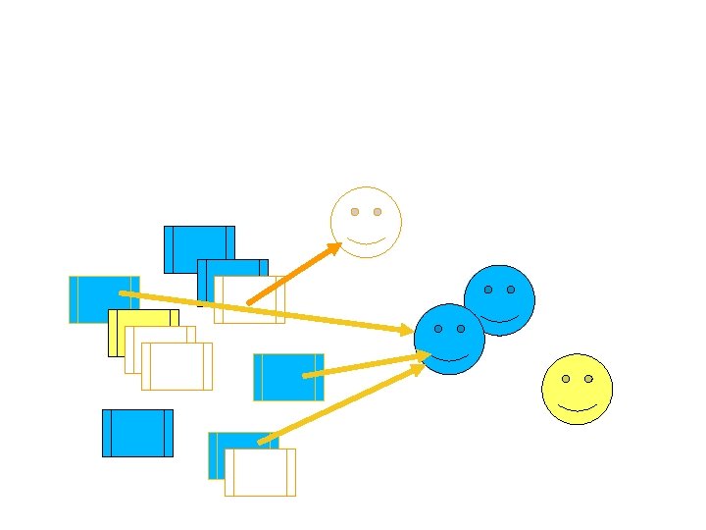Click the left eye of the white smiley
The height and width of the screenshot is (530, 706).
355,212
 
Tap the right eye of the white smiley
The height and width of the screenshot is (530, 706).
378,212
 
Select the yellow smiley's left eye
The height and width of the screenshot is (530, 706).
566,379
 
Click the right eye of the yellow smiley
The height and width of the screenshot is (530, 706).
588,379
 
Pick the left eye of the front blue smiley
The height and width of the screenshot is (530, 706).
438,329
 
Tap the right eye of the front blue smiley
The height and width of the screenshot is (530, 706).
461,329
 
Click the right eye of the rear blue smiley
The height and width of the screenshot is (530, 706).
511,290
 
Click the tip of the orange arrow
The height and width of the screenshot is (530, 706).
339,243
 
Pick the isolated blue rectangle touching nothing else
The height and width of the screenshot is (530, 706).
137,433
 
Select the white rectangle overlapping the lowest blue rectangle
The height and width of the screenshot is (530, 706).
260,473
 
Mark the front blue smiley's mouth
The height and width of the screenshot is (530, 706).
449,357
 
